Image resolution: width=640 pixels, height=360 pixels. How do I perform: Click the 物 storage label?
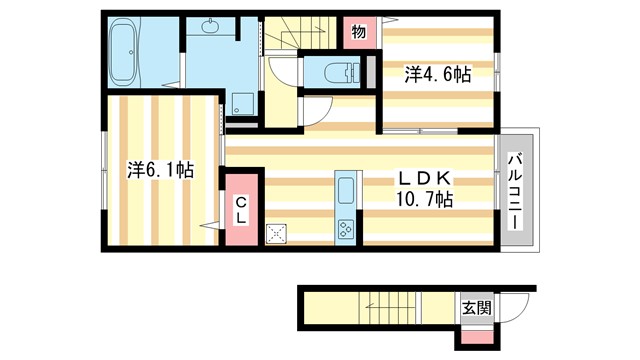[359, 32]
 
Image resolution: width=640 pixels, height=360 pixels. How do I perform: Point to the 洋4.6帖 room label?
[437, 74]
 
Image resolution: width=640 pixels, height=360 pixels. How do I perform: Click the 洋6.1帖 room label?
[160, 170]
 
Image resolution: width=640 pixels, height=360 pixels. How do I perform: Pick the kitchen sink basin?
[347, 190]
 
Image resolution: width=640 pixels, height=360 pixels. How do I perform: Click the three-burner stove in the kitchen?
[347, 228]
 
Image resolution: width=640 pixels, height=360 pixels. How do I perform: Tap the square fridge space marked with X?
[277, 233]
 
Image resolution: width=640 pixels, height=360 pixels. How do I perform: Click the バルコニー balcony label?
[517, 190]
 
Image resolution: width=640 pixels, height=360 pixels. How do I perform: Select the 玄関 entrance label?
[476, 307]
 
